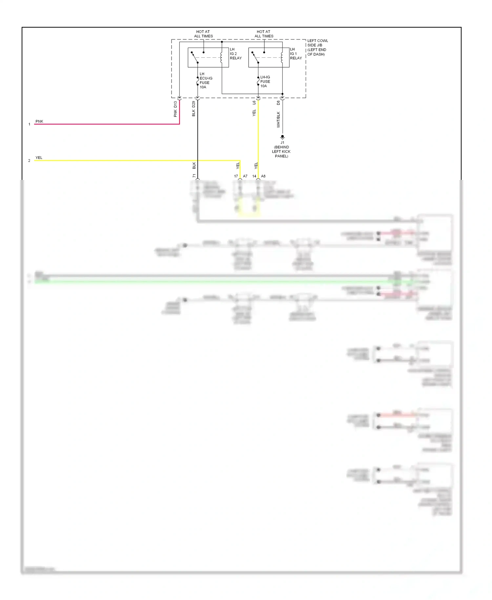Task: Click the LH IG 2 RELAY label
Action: (x=235, y=54)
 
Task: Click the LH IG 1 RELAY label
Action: (x=296, y=54)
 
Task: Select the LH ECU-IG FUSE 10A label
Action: (x=206, y=80)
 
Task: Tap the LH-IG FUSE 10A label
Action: (x=265, y=81)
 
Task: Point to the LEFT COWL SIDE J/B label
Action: (x=317, y=47)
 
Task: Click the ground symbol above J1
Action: (x=282, y=137)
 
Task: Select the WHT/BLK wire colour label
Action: (x=278, y=119)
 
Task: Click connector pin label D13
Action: (x=175, y=104)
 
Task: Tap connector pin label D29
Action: (x=194, y=104)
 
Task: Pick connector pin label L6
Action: (x=254, y=103)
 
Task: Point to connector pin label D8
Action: (x=278, y=103)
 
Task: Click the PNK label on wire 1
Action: (x=39, y=121)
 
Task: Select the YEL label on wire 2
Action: (x=39, y=158)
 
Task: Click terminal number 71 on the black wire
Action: (x=194, y=176)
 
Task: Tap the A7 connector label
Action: (x=245, y=176)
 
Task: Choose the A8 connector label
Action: (x=263, y=176)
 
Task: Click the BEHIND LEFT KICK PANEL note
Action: (x=281, y=152)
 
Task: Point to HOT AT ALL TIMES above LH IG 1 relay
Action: (x=264, y=34)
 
